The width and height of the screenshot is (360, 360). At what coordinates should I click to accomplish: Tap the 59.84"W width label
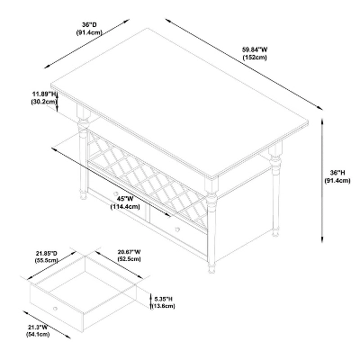pos(255,49)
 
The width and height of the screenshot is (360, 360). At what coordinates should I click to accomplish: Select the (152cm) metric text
pos(255,58)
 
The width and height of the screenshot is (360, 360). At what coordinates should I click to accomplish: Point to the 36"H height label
pos(337,173)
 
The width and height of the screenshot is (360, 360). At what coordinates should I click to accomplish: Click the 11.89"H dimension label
pos(44,94)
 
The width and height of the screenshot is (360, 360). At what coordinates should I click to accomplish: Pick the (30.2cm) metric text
pos(44,102)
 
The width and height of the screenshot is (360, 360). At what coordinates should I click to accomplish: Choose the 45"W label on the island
pos(124,199)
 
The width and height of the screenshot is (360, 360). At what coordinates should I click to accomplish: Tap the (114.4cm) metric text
pos(125,207)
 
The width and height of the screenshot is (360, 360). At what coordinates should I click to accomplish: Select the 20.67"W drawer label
pos(128,251)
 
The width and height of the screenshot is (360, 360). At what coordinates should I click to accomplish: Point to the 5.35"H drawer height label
pos(164,299)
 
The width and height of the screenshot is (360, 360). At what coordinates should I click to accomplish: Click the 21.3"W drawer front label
pos(38,327)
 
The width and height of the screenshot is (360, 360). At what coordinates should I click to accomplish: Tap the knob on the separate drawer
pos(55,309)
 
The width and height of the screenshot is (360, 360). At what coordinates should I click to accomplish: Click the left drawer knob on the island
pos(116,193)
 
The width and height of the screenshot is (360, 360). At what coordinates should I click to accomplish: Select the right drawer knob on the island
pos(177,229)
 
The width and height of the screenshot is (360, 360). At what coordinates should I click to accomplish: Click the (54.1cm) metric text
pos(38,335)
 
